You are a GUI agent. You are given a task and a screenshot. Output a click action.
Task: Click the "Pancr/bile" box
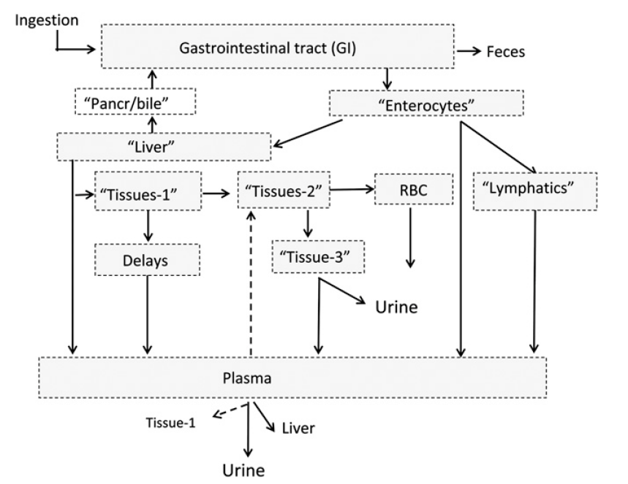click(136, 102)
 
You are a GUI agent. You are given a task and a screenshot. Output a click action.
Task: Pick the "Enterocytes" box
click(427, 104)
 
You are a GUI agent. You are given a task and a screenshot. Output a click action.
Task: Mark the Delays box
click(148, 258)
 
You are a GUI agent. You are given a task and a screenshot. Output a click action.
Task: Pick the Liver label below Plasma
click(298, 429)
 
